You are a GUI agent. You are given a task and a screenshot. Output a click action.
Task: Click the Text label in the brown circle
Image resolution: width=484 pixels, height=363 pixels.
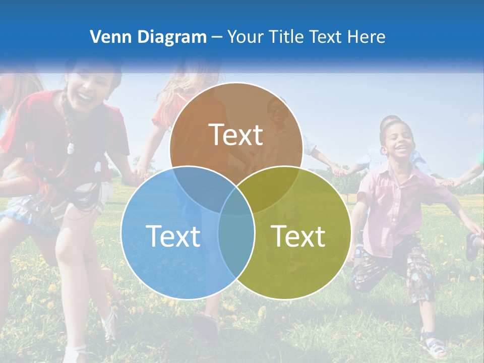coord(236,135)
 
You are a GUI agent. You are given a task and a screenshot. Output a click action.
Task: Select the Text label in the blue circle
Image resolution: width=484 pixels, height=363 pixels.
coord(173,236)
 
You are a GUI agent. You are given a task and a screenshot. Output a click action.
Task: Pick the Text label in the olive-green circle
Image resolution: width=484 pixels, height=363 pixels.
coord(298,236)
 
